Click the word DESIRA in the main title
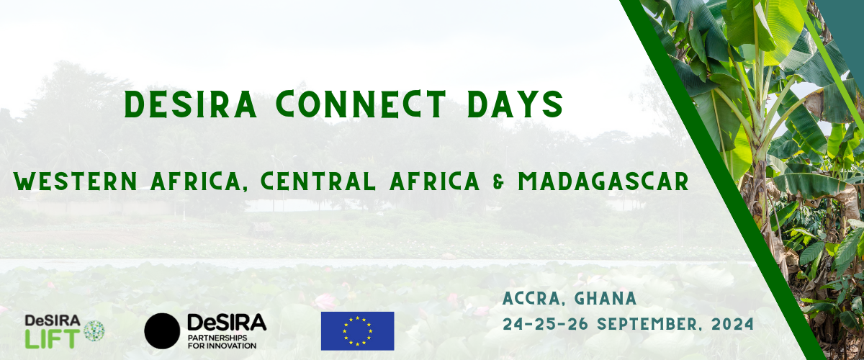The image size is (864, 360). point(191,104)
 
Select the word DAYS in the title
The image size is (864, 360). point(515,104)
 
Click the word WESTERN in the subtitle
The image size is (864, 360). point(76,181)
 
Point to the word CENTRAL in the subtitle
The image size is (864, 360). point(318,181)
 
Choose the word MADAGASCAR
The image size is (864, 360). point(603,181)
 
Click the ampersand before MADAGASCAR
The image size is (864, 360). point(499,181)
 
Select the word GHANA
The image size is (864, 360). point(606,298)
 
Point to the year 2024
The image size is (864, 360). point(732,324)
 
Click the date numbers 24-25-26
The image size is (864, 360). point(546,324)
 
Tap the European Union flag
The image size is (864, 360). point(358,331)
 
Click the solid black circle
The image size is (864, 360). point(162,331)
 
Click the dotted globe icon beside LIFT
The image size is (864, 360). point(94,330)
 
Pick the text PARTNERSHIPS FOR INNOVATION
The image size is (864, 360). point(222,342)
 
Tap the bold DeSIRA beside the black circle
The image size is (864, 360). point(227,322)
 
